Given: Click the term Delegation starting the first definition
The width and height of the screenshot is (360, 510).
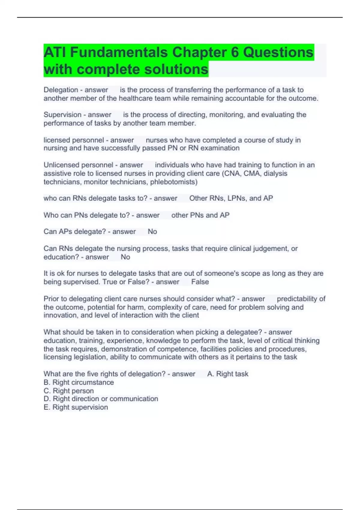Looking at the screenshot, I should click(x=61, y=90).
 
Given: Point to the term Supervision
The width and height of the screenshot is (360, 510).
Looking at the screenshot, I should click(x=62, y=115).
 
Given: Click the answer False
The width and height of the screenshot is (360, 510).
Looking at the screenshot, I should click(x=200, y=282).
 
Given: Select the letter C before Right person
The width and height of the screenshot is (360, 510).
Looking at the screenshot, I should click(x=46, y=391).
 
